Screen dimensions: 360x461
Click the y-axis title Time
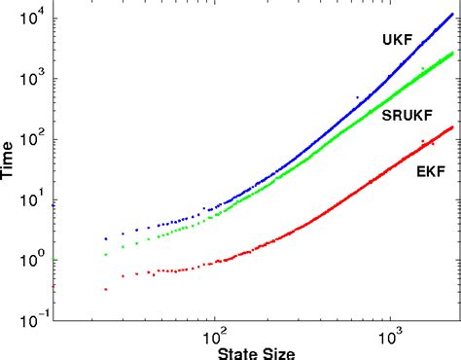click(x=10, y=160)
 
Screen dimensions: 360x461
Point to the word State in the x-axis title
click(x=240, y=351)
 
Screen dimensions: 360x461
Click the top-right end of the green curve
click(x=452, y=53)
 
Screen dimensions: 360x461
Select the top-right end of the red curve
click(x=452, y=126)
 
